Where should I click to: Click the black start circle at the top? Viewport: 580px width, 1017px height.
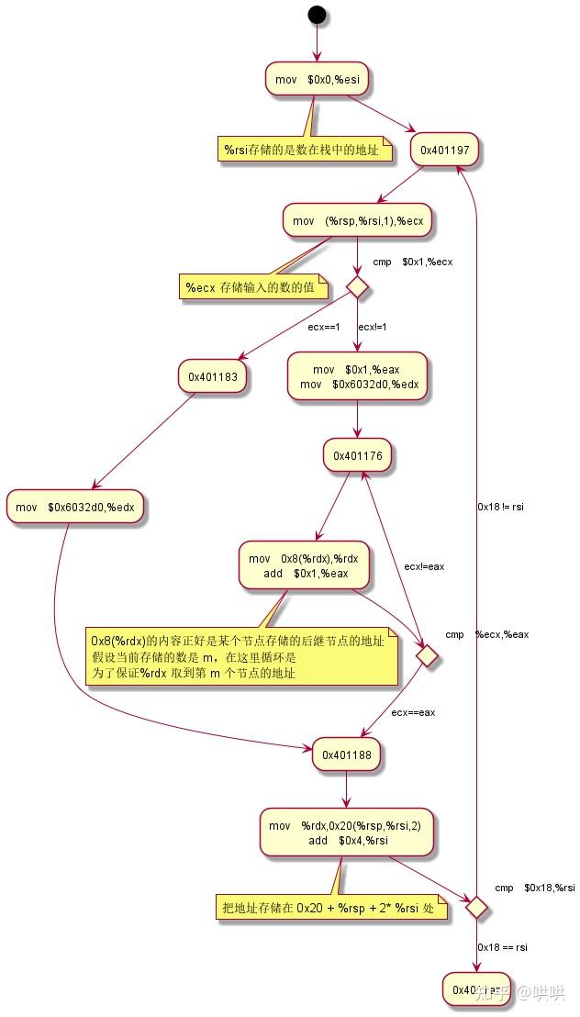coord(317,15)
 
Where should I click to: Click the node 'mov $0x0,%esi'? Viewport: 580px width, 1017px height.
coord(318,80)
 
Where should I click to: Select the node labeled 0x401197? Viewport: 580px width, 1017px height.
coord(444,150)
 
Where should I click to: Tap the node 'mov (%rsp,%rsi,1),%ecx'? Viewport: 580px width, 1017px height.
coord(356,221)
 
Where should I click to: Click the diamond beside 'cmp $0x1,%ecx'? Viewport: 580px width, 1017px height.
coord(357,287)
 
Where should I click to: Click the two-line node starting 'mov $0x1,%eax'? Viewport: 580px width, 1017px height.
coord(357,377)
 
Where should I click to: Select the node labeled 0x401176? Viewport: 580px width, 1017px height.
coord(357,454)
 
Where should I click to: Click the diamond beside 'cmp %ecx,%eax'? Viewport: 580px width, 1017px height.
coord(425,656)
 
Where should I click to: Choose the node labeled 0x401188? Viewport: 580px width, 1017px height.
coord(346,754)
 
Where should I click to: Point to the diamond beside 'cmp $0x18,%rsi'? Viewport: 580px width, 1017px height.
coord(474,907)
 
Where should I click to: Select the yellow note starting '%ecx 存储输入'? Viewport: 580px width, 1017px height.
coord(251,288)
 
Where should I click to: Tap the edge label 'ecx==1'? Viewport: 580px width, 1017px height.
coord(323,327)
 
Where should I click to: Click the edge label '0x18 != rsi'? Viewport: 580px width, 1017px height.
coord(501,506)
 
